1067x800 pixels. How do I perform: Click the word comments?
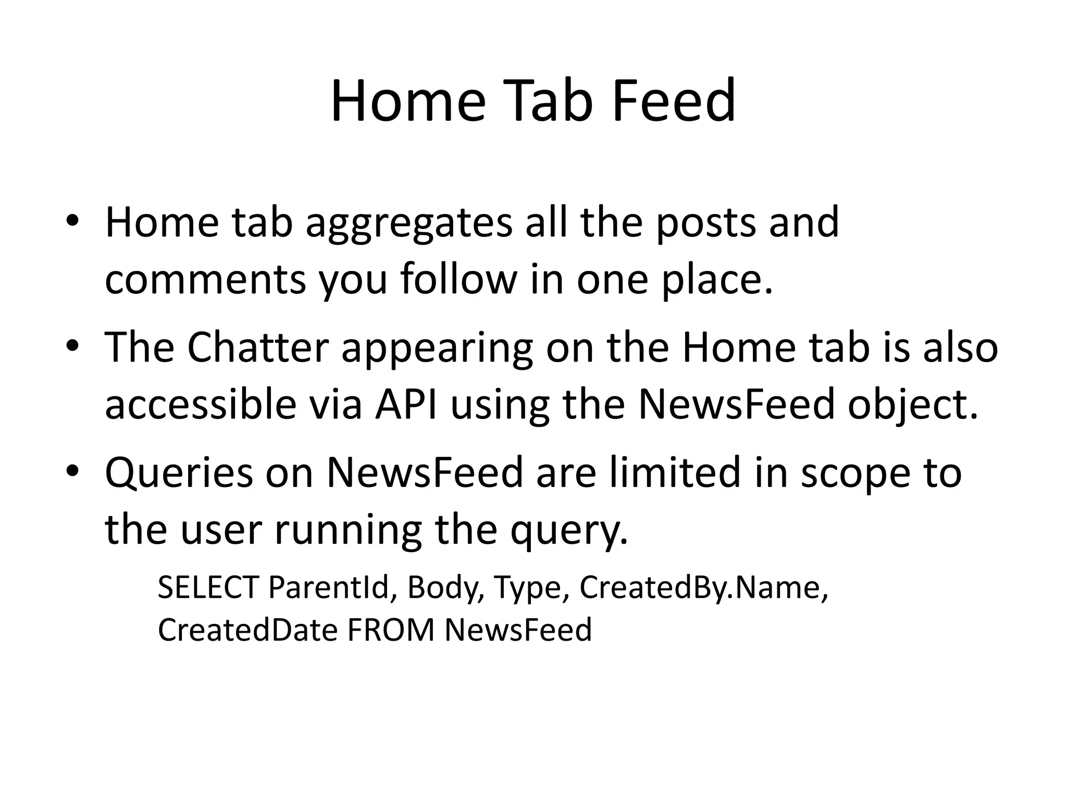tap(205, 280)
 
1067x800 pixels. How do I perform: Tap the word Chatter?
tap(258, 348)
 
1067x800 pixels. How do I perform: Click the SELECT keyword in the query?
tap(207, 587)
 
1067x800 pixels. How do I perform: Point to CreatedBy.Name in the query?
tap(703, 587)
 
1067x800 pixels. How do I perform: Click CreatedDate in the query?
tap(247, 630)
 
